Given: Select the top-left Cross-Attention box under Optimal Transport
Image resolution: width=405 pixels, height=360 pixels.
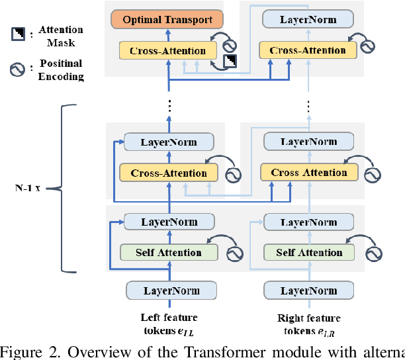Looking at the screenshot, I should click(x=168, y=50).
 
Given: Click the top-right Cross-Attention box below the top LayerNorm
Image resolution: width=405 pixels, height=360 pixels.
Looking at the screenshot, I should click(x=307, y=50).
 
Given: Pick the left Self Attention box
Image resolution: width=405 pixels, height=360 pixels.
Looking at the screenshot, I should click(x=168, y=252).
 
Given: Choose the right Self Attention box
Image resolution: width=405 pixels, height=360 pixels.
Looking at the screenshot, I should click(x=309, y=252).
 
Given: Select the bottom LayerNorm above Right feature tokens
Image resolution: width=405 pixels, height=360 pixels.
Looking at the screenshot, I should click(x=309, y=291).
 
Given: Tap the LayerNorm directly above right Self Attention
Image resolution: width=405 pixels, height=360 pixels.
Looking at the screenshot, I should click(x=309, y=222).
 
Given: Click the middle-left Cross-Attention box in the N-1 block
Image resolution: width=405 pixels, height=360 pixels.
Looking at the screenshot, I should click(x=168, y=173).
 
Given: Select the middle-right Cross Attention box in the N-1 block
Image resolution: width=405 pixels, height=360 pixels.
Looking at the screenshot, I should click(x=309, y=173).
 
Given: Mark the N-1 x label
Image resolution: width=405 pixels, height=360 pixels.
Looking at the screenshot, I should click(x=27, y=188).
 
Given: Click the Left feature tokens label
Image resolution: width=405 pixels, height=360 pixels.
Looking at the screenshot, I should click(x=169, y=324).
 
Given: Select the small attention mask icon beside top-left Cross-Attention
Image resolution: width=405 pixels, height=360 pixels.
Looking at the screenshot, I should click(x=231, y=62).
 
